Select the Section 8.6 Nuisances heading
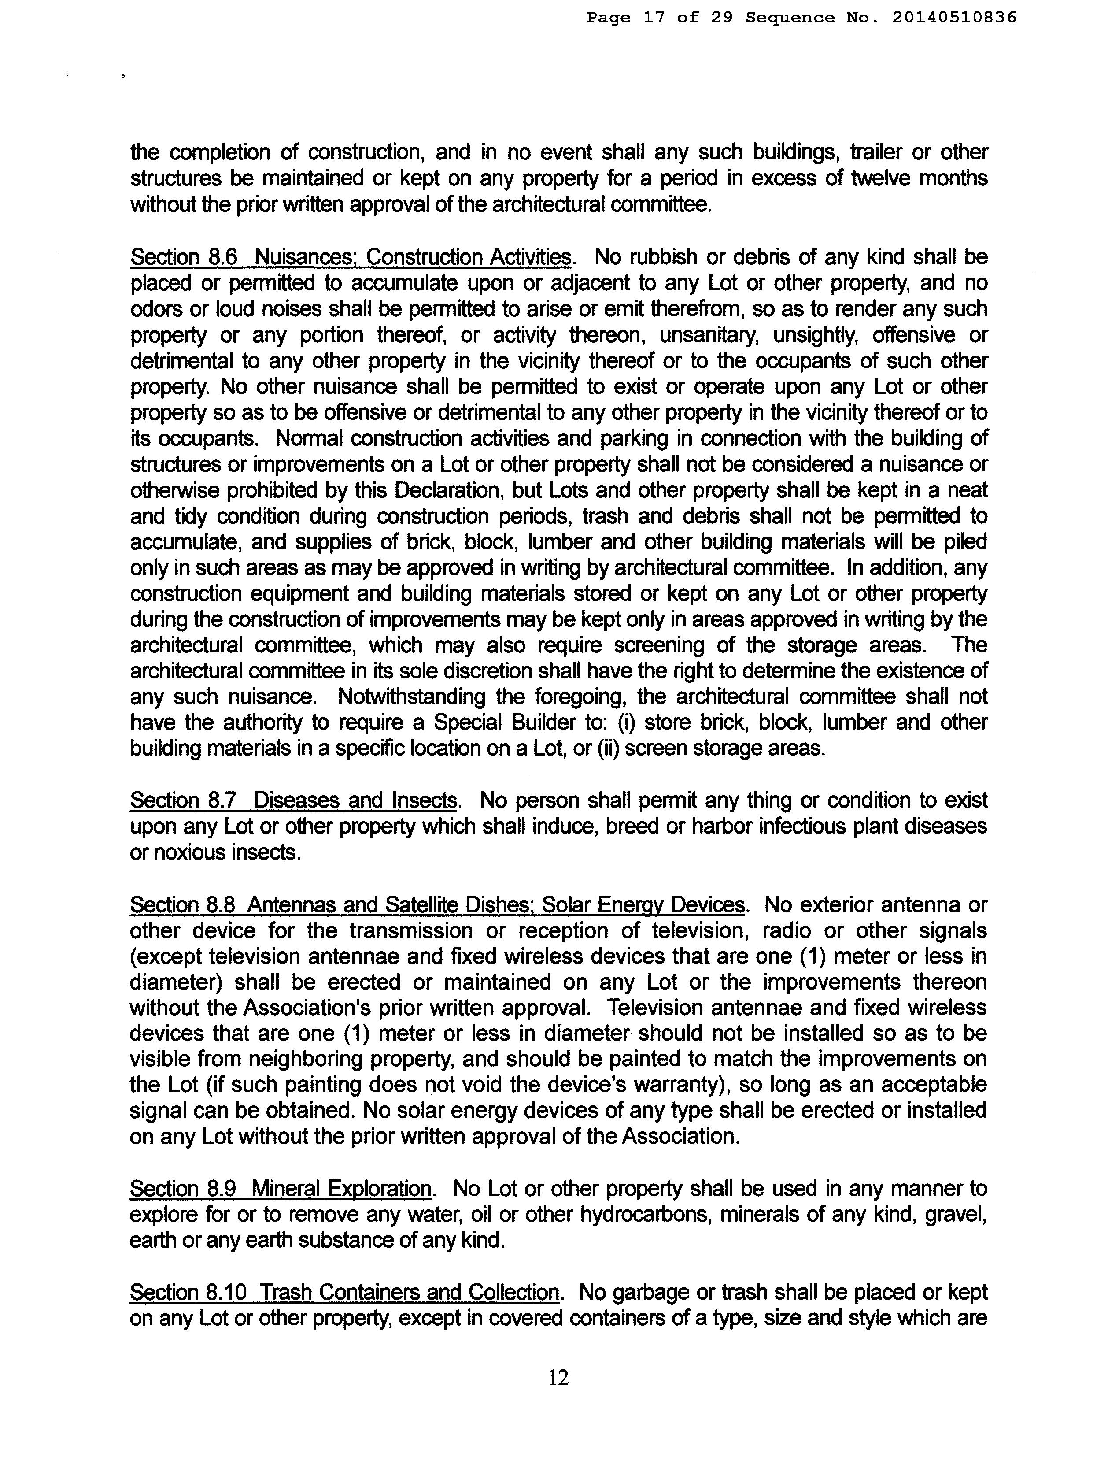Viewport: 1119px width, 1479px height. [351, 257]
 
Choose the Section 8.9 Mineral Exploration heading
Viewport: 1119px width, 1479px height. [281, 1188]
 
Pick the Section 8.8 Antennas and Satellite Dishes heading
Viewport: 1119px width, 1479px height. [437, 904]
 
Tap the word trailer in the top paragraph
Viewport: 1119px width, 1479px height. [875, 152]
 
